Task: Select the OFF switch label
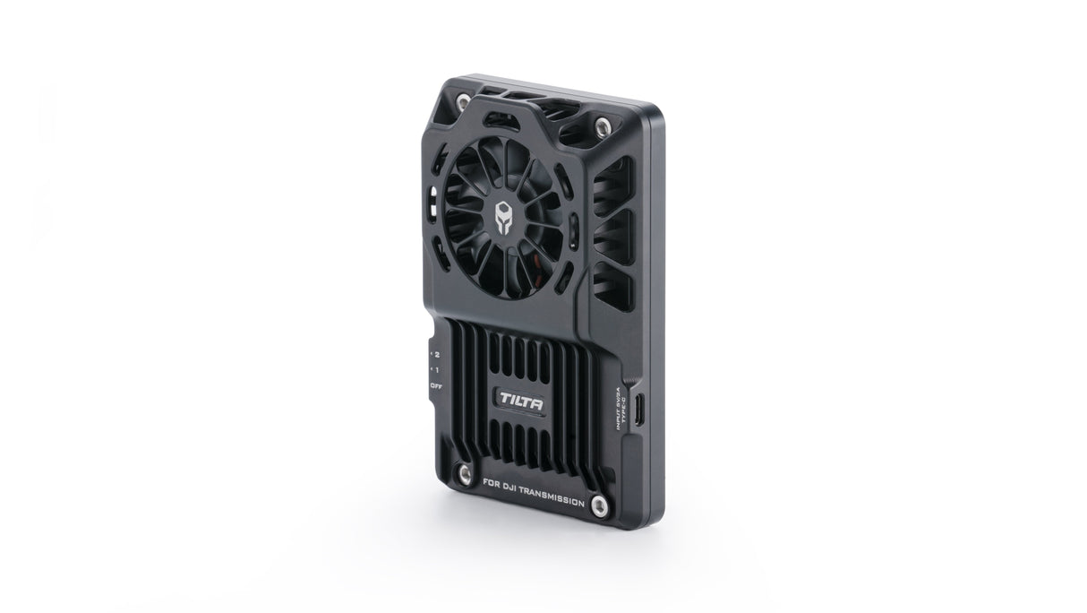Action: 436,385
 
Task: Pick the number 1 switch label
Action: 435,369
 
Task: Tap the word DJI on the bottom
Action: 509,491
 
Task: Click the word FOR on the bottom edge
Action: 491,485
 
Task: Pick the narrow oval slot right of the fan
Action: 572,241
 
